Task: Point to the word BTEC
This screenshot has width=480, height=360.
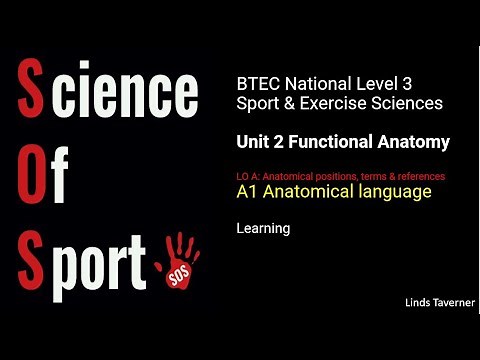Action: [x=255, y=84]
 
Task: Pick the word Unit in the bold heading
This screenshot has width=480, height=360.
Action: [x=254, y=143]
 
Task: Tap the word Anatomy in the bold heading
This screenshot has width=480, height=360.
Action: [x=416, y=143]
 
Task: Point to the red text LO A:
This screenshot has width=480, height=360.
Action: [x=249, y=176]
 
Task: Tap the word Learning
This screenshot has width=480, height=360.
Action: [x=263, y=229]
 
